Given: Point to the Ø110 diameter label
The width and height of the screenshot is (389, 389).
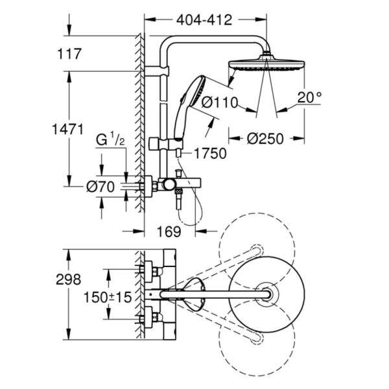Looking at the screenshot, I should pyautogui.click(x=220, y=101).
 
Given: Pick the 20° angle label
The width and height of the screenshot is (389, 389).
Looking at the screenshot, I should pyautogui.click(x=309, y=97).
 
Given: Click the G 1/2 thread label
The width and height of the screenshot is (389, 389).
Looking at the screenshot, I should pyautogui.click(x=111, y=139).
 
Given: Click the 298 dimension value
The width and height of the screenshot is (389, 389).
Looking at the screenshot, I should pyautogui.click(x=69, y=279).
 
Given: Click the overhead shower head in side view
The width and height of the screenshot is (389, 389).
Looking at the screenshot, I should pyautogui.click(x=261, y=66).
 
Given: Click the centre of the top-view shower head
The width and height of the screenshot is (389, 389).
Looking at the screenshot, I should pyautogui.click(x=266, y=295).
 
